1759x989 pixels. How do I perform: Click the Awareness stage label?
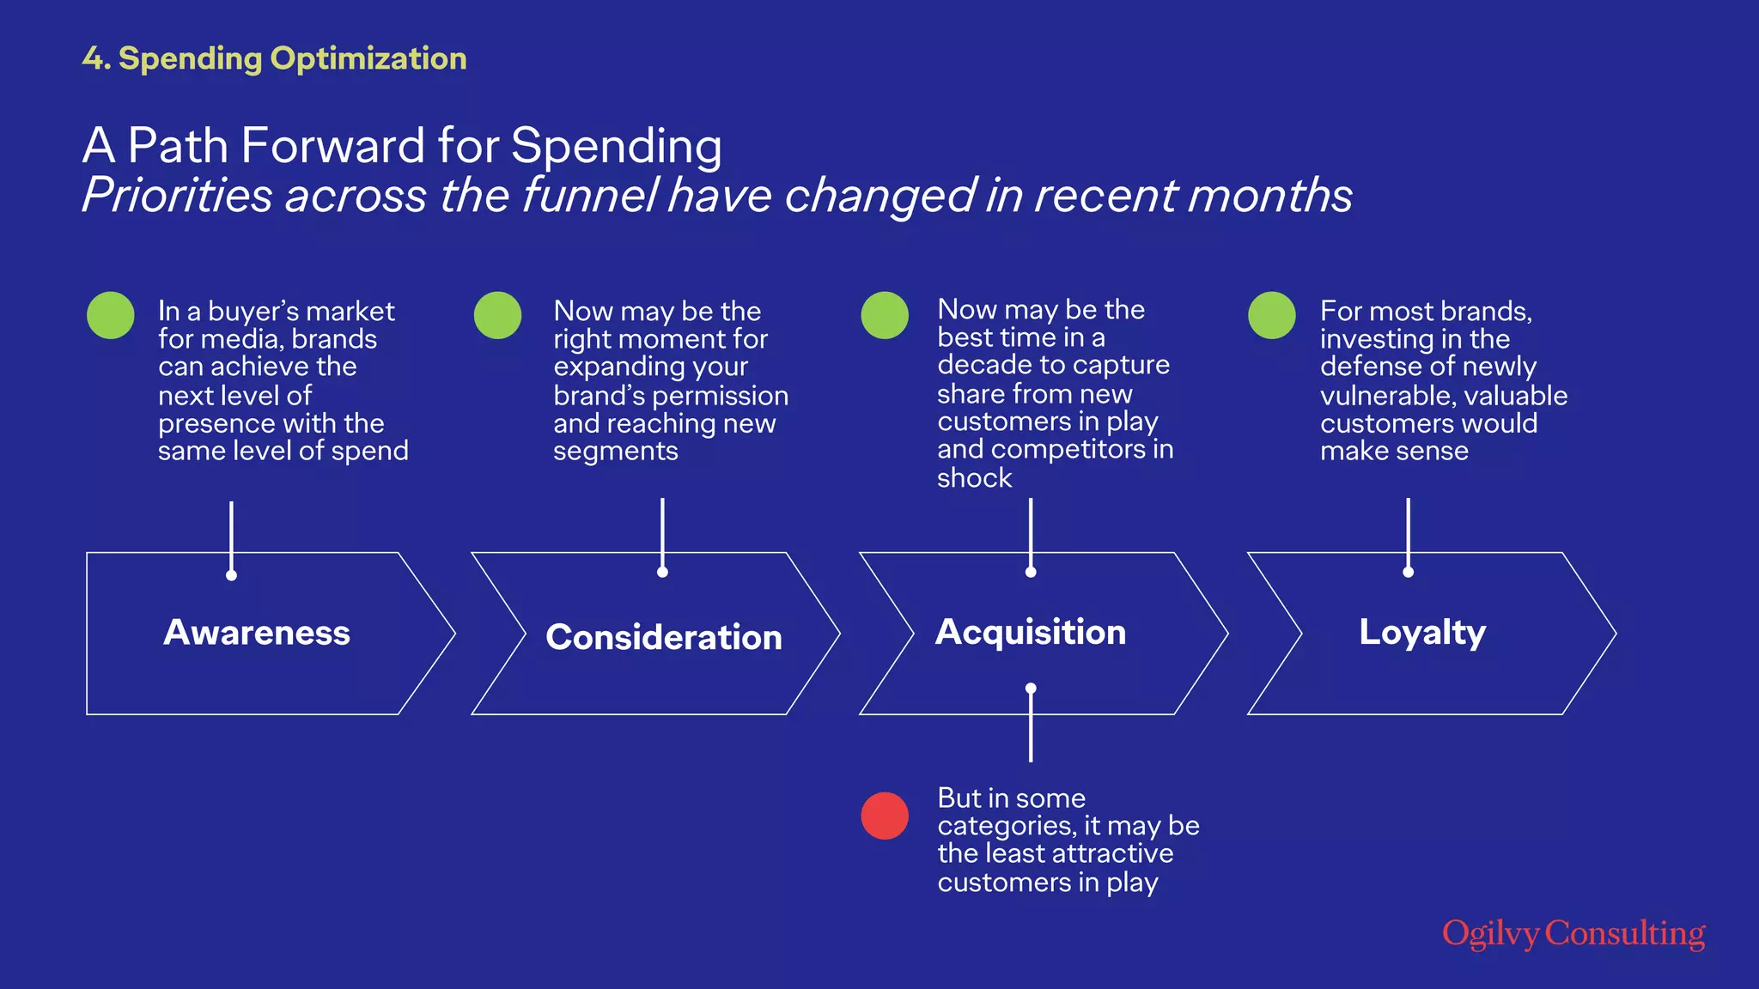point(257,633)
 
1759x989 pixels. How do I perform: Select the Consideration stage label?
point(664,637)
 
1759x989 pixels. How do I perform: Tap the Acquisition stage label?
point(1031,632)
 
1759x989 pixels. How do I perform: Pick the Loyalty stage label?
point(1422,633)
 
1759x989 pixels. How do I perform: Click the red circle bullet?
point(885,816)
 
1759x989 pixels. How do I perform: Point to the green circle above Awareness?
point(111,315)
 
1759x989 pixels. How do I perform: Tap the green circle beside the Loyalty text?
point(1272,315)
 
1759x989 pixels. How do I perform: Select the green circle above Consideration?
point(498,315)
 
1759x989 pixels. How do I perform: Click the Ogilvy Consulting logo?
point(1573,934)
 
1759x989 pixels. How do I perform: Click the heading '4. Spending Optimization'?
point(275,58)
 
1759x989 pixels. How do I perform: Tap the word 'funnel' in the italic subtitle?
point(590,195)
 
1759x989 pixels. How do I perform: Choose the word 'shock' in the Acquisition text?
point(974,478)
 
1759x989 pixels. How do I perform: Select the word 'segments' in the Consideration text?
point(616,451)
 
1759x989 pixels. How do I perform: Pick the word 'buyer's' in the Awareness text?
point(250,311)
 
